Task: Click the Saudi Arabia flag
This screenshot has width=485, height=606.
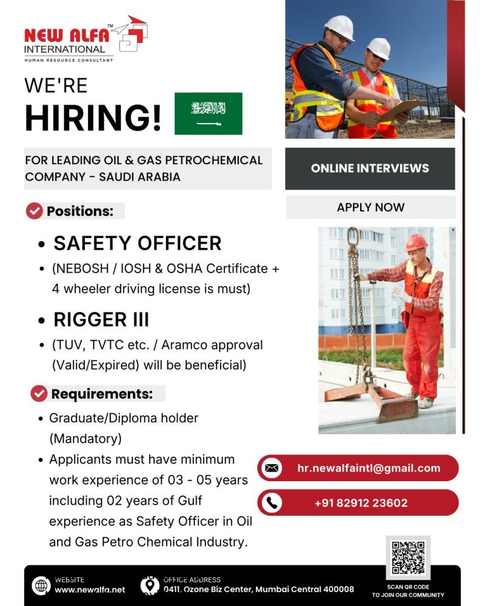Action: point(208,113)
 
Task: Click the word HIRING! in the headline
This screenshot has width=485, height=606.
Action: point(93,118)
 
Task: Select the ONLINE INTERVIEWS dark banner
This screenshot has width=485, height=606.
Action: point(370,168)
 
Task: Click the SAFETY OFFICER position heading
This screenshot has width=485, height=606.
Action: point(138,243)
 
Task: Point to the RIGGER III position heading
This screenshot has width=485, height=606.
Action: point(101,319)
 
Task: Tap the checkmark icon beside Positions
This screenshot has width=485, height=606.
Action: point(35,211)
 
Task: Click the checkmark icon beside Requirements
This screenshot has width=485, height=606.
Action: point(39,393)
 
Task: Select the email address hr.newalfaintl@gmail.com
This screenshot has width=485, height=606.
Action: point(369,468)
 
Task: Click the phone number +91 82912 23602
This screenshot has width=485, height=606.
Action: point(361,503)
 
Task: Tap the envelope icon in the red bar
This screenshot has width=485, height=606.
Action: point(272,468)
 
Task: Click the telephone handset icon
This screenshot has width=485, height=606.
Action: point(272,503)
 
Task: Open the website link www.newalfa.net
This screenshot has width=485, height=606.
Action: point(90,590)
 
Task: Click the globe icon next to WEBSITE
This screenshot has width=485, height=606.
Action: point(41,585)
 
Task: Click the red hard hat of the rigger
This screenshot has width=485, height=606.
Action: point(416,242)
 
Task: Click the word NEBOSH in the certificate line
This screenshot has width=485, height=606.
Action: point(79,268)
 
